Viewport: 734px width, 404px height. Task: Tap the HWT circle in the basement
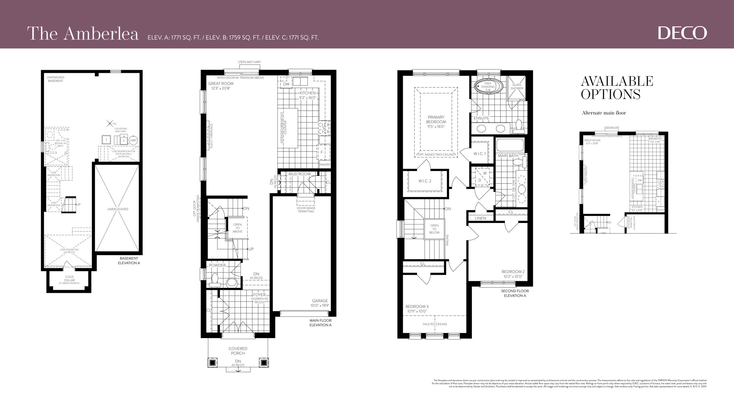133,140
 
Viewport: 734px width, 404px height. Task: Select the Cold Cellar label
69,279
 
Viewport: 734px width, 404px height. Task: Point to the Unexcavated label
118,209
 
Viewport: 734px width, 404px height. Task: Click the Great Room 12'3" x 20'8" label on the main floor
221,86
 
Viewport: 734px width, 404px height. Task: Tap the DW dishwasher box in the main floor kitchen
286,84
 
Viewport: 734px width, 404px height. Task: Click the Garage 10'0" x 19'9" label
320,303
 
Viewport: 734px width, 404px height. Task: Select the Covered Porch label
238,351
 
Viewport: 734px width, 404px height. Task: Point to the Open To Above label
237,228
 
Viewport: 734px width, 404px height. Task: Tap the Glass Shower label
517,86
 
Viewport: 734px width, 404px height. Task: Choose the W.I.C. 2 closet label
425,181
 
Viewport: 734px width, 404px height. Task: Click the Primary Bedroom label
436,122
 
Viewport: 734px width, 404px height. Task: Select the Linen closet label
480,218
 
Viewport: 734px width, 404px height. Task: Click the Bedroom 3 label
417,309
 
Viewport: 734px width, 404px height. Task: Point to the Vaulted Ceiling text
435,324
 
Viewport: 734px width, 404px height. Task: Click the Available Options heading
616,88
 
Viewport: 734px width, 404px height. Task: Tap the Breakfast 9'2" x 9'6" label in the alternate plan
655,140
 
